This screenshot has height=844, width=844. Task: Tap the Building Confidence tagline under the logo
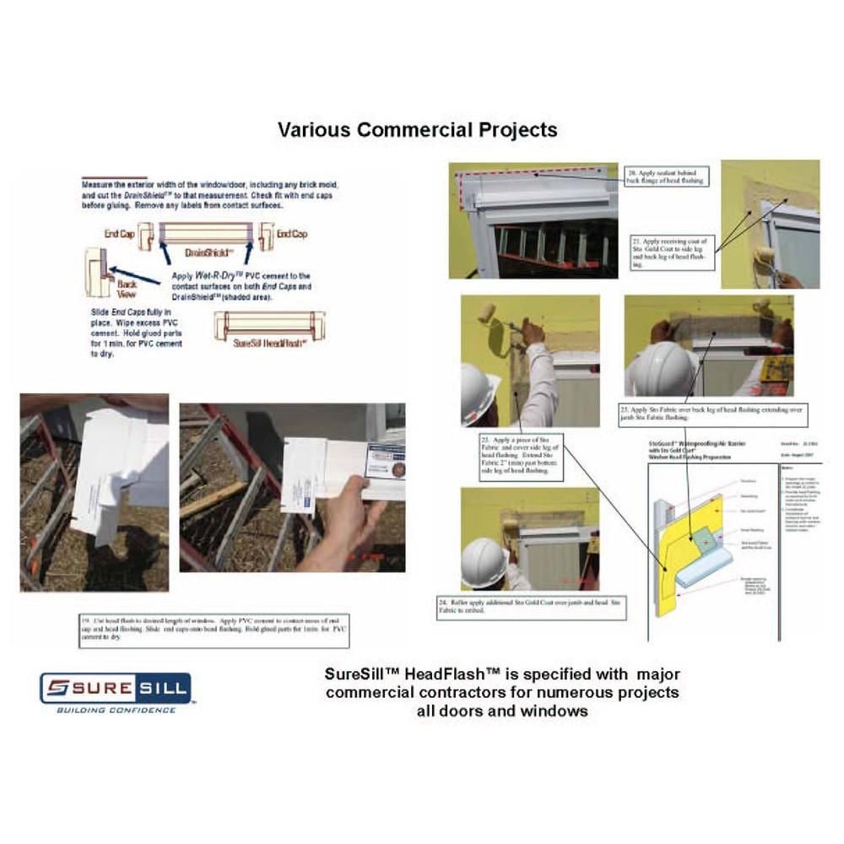pyautogui.click(x=116, y=710)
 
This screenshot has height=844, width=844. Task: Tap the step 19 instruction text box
pyautogui.click(x=214, y=630)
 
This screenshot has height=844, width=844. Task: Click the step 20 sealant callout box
pyautogui.click(x=665, y=176)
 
